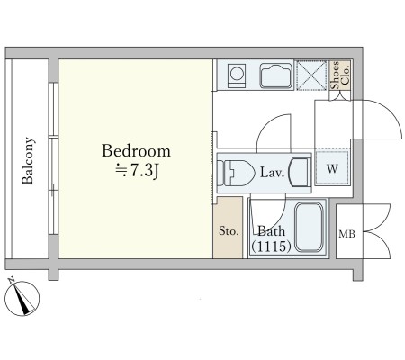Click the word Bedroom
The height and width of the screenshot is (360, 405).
point(136,151)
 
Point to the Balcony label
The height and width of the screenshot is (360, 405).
point(28,160)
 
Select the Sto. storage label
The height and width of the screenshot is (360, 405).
point(229,231)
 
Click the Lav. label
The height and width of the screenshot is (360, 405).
point(272,173)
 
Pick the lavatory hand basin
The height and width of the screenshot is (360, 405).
point(299,173)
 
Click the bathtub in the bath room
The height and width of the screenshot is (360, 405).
point(309,227)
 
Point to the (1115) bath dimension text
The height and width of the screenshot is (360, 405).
point(271,247)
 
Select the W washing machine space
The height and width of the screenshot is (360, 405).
point(332,167)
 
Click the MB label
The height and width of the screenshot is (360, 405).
point(346,234)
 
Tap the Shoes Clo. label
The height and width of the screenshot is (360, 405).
point(340,75)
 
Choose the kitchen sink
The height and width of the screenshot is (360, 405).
point(276,76)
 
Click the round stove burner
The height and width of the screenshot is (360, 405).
point(237,74)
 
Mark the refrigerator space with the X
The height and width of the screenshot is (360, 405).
point(311,76)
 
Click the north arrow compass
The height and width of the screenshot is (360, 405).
point(22,298)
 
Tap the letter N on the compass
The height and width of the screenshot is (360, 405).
point(12,281)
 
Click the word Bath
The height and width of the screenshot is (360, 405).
point(272,231)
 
